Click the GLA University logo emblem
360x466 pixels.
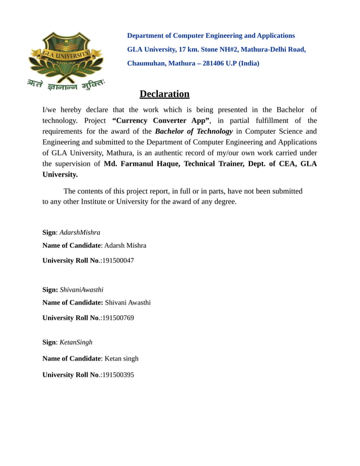[66, 56]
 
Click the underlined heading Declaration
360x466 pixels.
[164, 94]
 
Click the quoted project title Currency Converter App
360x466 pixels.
[161, 120]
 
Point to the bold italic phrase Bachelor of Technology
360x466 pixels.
[194, 131]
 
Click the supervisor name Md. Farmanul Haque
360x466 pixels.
[142, 164]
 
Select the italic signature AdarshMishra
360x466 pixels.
[80, 232]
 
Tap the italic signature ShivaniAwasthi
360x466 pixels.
[82, 289]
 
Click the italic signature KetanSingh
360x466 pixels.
[76, 342]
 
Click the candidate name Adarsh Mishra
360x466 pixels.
[125, 245]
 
